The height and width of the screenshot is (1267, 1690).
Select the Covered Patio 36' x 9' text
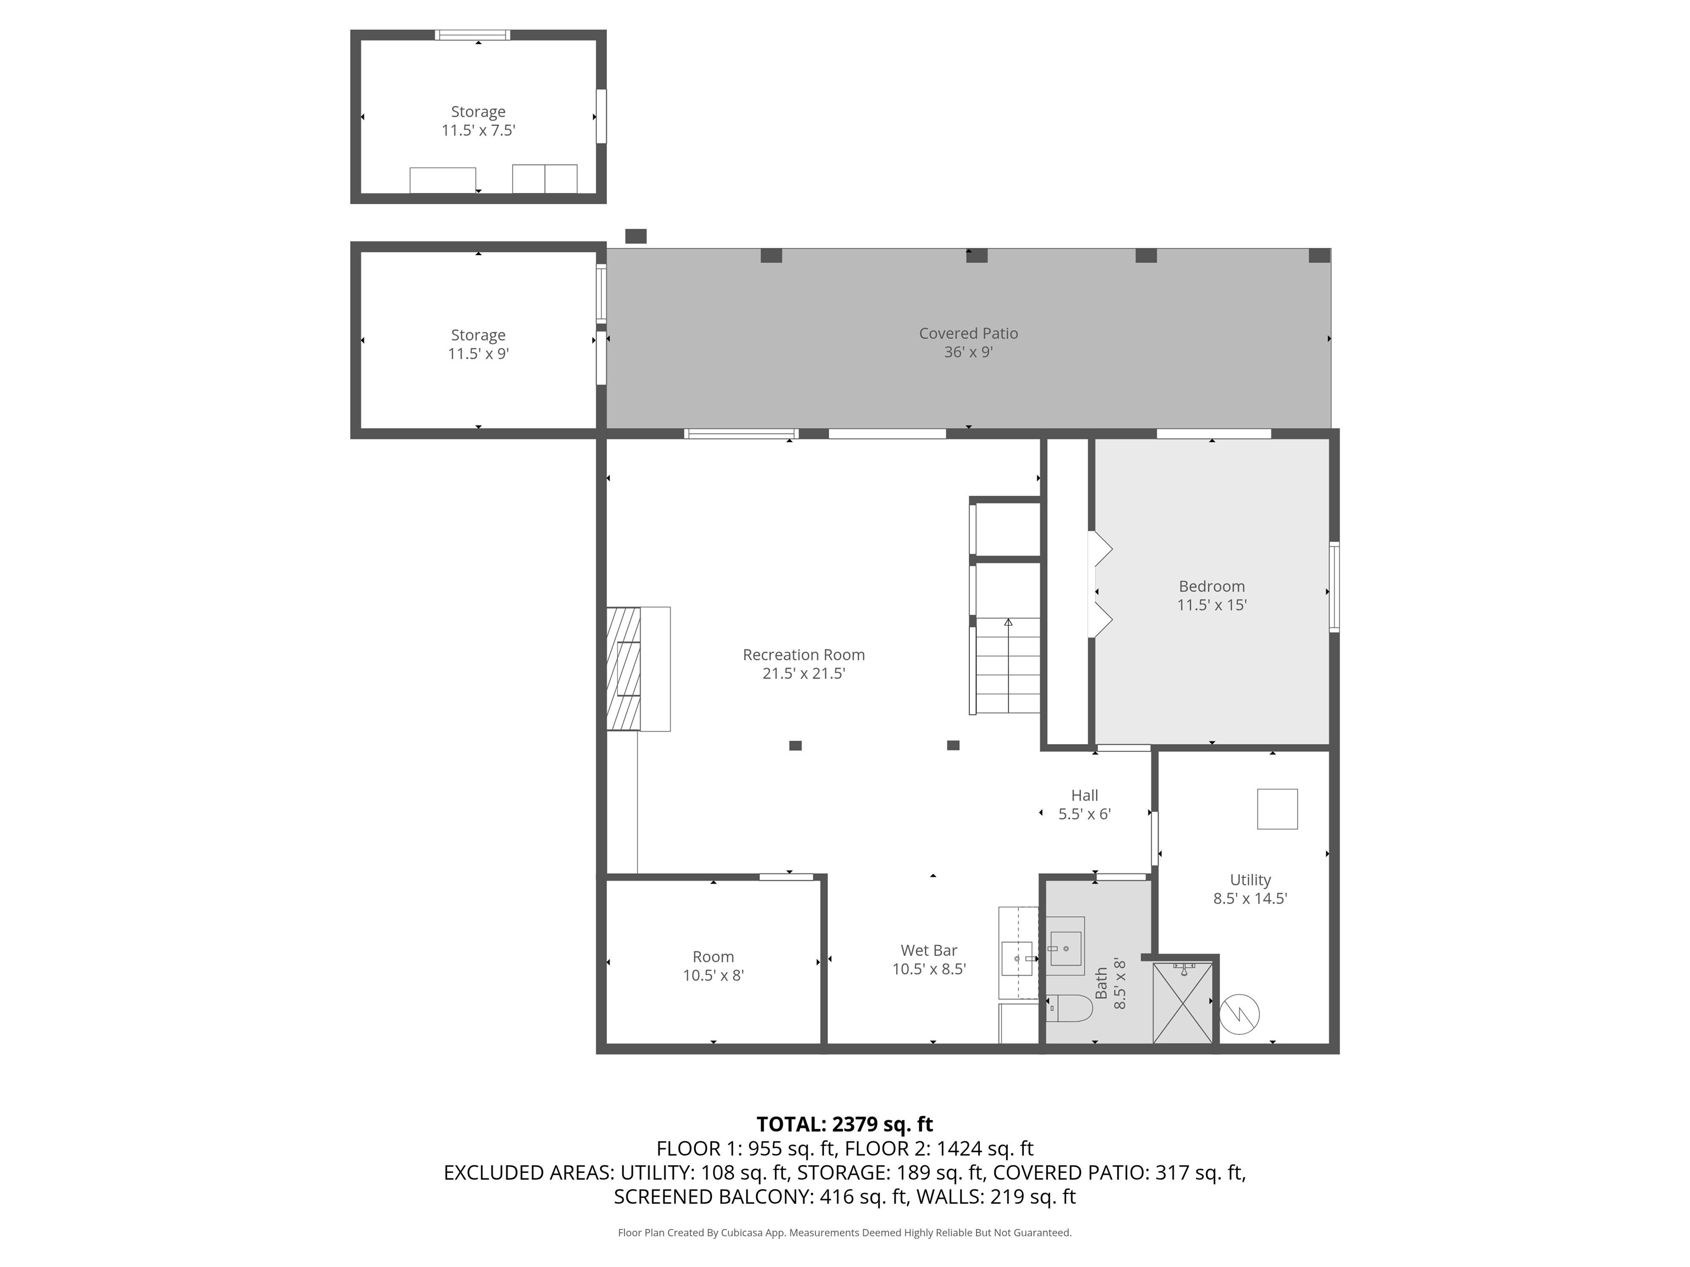click(x=968, y=342)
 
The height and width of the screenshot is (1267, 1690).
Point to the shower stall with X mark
click(x=1182, y=1002)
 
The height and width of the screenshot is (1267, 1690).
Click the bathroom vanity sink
click(x=1065, y=948)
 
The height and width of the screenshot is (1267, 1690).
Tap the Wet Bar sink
click(x=1017, y=958)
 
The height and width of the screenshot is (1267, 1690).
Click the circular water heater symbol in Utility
click(x=1239, y=1014)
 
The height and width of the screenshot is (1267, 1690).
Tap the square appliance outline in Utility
click(x=1277, y=809)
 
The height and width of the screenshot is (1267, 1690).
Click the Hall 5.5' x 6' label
click(x=1084, y=804)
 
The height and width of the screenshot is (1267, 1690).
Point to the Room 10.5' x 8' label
click(x=713, y=965)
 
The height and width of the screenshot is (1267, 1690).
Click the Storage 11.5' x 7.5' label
click(x=478, y=120)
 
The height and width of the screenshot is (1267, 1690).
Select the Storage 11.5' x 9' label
click(x=478, y=344)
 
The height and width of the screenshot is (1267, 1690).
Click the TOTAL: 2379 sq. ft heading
click(x=844, y=1124)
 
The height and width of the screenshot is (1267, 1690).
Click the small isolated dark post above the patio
click(x=635, y=236)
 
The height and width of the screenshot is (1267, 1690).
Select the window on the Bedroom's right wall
click(x=1334, y=587)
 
